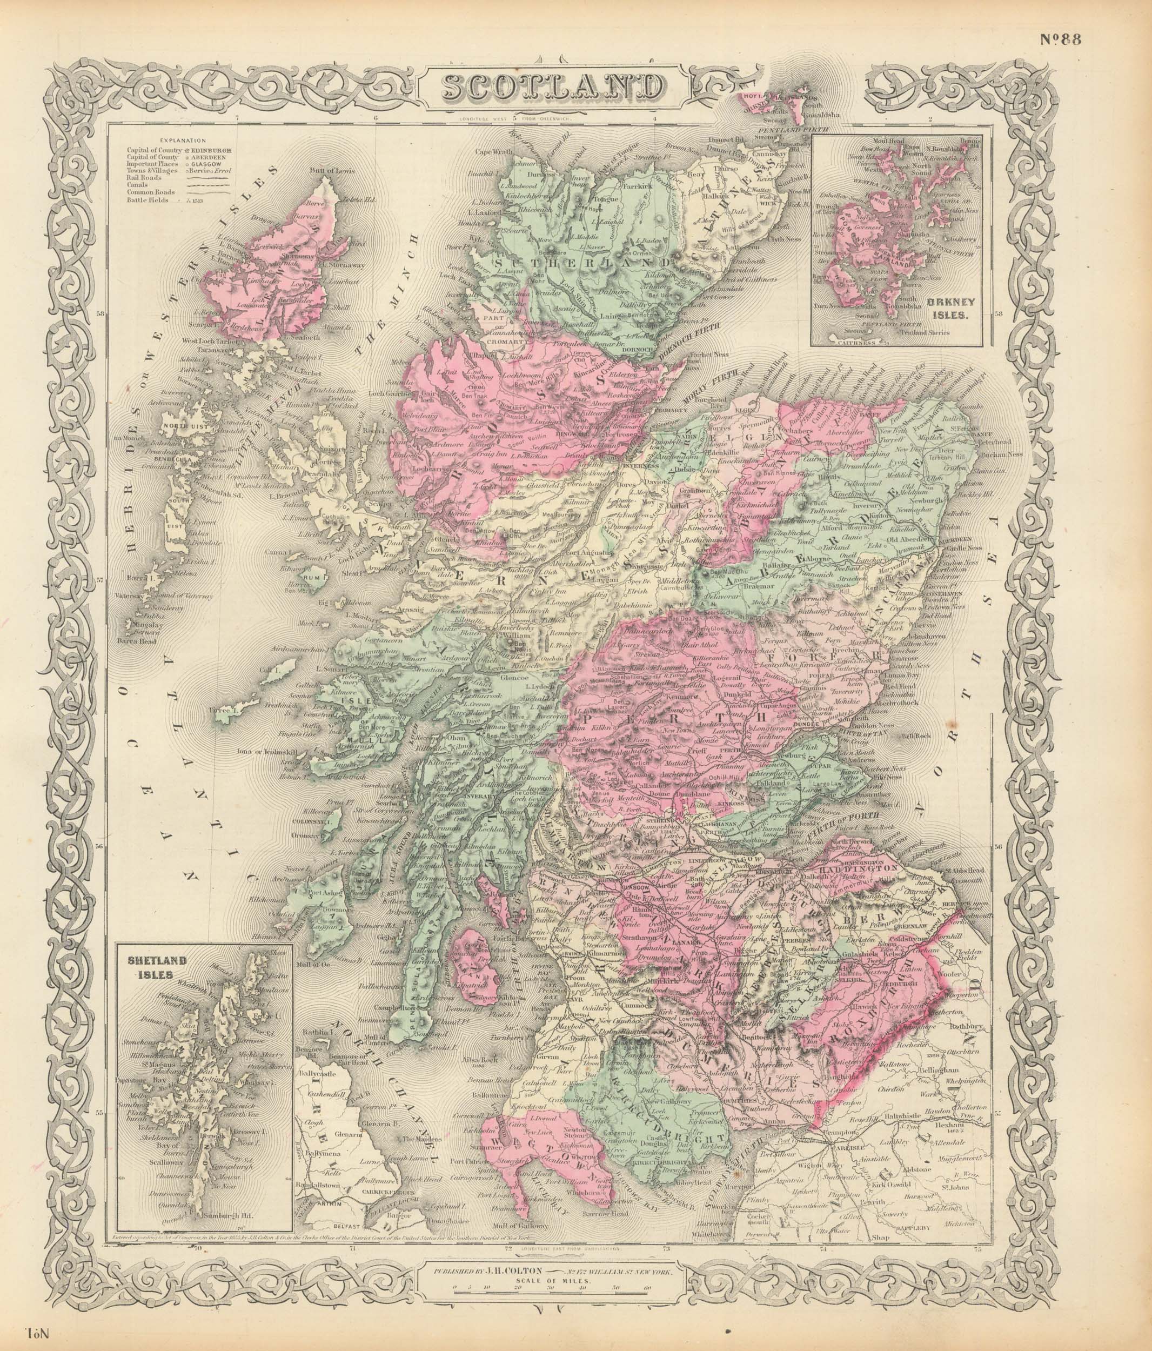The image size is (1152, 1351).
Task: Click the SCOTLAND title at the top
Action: click(552, 89)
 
